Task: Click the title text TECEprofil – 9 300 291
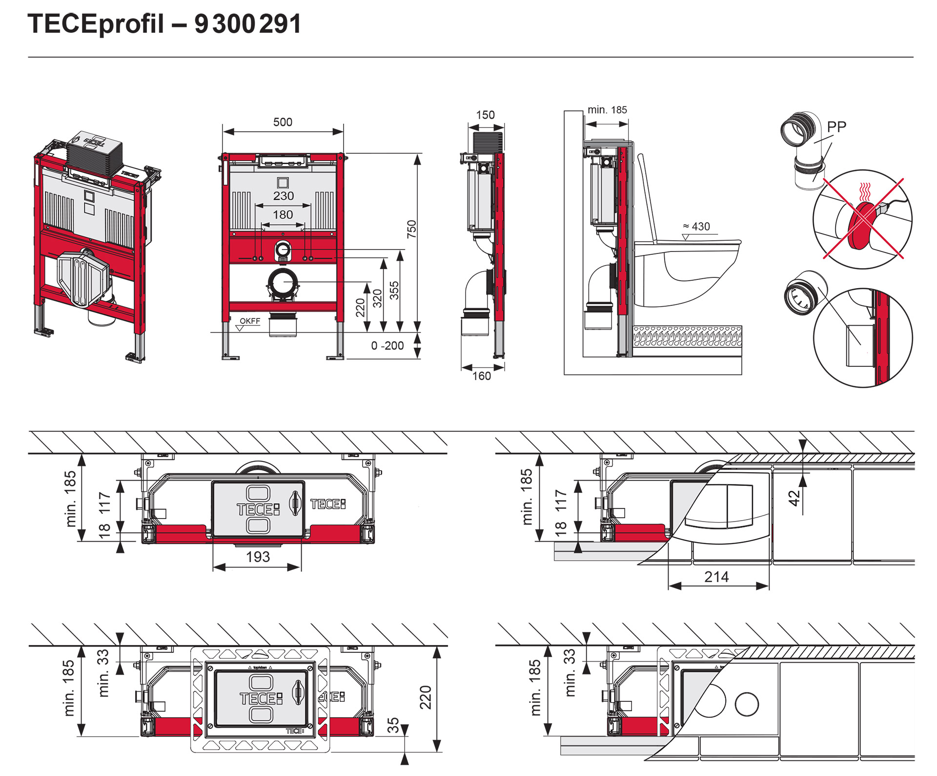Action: coord(164,24)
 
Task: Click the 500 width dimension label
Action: coord(283,122)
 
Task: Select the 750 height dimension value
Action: coord(412,229)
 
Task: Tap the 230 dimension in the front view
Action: coord(284,196)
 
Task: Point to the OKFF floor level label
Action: coord(250,321)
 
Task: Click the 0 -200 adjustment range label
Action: coord(387,346)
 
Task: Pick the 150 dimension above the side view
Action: coord(485,115)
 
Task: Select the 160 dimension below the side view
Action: coord(482,376)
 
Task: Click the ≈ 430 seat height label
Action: coord(696,227)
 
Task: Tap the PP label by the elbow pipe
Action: coord(836,127)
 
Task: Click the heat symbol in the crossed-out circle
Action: coord(864,192)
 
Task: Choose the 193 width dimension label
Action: coord(258,557)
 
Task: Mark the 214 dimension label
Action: coord(716,577)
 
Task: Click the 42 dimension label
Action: coord(794,498)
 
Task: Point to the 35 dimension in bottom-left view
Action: coord(393,725)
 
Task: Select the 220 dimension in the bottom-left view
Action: coord(426,697)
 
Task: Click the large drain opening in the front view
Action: coord(283,283)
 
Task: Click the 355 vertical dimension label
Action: coord(394,290)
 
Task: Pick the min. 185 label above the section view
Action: coord(607,110)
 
